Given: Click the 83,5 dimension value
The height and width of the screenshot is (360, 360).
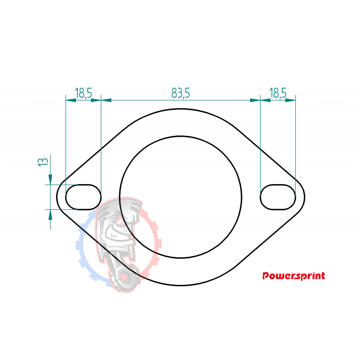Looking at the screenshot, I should tap(180, 93).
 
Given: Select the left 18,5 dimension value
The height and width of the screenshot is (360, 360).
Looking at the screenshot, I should tap(84, 93).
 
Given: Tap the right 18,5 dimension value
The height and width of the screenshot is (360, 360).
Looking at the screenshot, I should tap(278, 93).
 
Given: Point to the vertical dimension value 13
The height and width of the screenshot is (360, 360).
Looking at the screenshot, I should tap(43, 162).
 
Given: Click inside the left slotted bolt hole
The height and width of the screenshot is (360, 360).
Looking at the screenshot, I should tap(84, 197).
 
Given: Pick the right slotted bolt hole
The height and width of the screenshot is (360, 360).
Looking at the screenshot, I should tap(278, 197).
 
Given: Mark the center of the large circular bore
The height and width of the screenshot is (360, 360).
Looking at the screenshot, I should tap(180, 197).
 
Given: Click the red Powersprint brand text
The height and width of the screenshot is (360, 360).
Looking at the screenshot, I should tap(293, 276).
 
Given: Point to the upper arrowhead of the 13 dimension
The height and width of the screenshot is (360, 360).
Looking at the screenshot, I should tap(50, 180).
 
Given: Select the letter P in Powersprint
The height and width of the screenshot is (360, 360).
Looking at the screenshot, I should tap(266, 276).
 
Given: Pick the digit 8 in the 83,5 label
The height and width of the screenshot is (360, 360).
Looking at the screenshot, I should tap(174, 93).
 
